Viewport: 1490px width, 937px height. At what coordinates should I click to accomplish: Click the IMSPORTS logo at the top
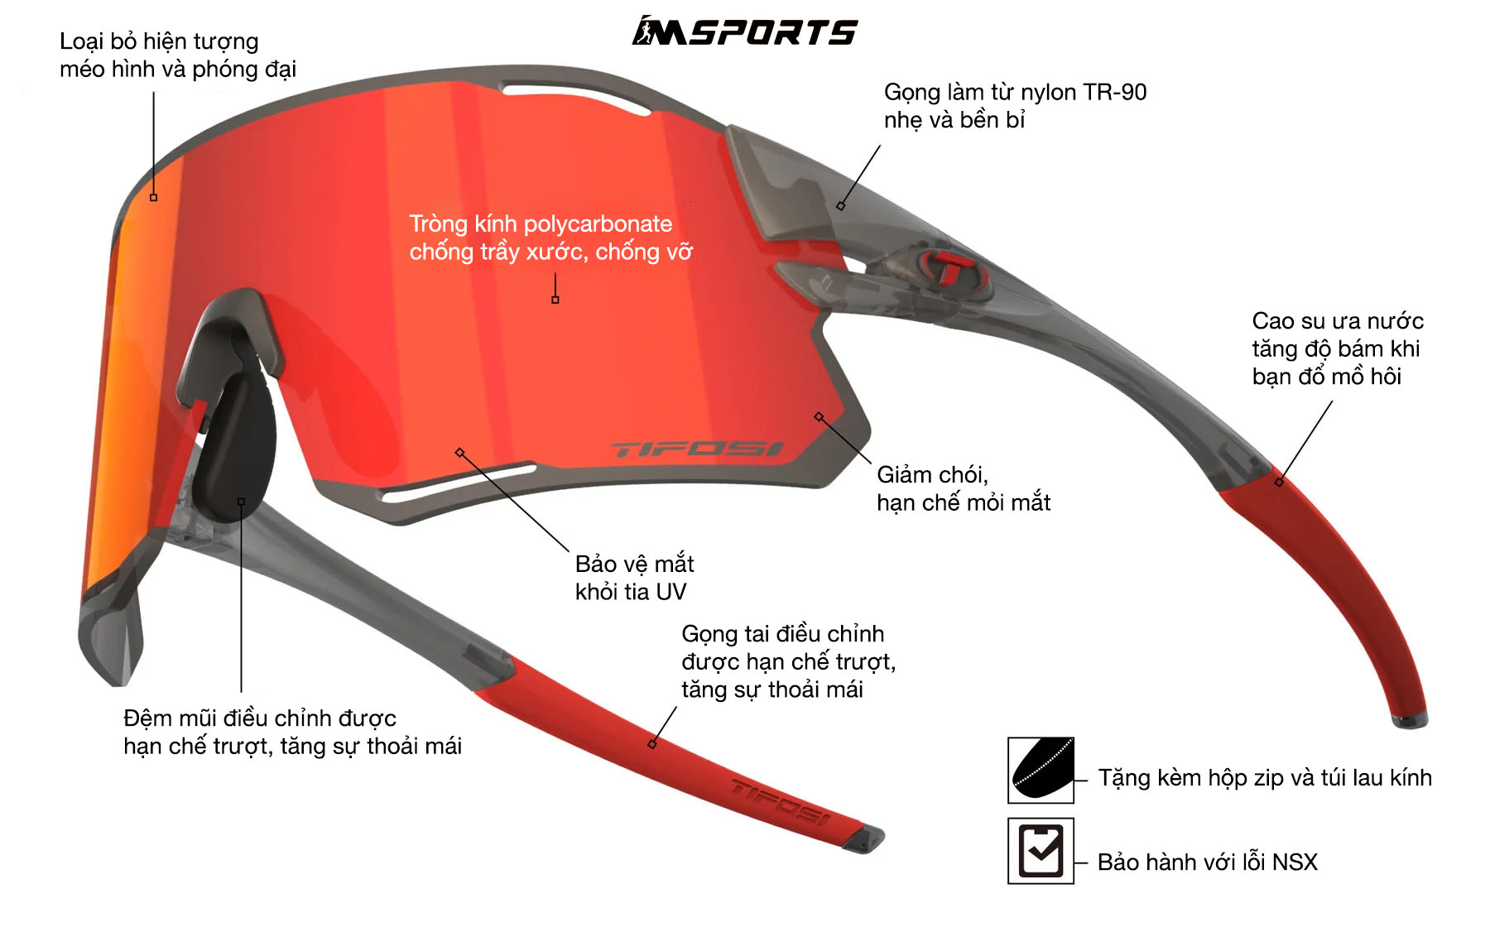(745, 31)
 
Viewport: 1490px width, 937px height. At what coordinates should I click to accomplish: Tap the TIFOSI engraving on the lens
(697, 449)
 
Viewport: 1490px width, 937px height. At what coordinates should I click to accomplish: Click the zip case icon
(1041, 770)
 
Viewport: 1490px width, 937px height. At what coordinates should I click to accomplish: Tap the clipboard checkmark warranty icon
(1041, 851)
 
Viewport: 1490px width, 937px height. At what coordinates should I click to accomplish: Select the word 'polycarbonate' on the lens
(598, 224)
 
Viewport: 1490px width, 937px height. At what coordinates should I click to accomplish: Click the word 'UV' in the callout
(670, 592)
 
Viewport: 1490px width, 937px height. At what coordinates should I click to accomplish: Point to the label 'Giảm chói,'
(933, 475)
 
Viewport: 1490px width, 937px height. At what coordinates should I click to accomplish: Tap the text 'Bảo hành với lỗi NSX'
(1207, 863)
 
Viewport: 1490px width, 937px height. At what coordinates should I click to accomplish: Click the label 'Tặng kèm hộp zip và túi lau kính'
(1265, 778)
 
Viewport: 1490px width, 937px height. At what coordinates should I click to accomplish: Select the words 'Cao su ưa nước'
(1338, 321)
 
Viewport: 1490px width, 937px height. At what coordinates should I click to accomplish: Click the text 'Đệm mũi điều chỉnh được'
(260, 718)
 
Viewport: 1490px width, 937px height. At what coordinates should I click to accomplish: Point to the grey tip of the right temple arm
(1410, 721)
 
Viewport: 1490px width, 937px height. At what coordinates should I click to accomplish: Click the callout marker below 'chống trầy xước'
(555, 300)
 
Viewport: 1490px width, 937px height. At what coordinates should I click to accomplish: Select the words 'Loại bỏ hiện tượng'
(159, 42)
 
